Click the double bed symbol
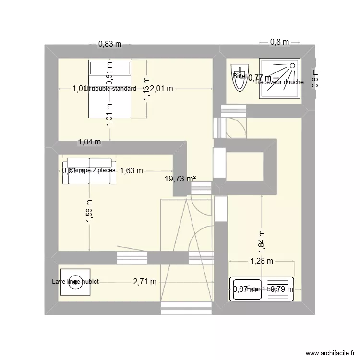point(109,89)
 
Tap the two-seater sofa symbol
point(89,170)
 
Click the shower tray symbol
point(279,79)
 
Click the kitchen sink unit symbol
point(261,289)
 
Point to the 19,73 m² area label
point(180,179)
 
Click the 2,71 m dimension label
point(144,282)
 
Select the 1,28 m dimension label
point(261,261)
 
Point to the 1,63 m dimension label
point(132,170)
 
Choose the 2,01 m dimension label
point(161,89)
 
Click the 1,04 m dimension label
point(89,142)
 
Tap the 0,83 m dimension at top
point(110,44)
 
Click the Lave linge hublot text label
point(76,282)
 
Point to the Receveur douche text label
point(280,82)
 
